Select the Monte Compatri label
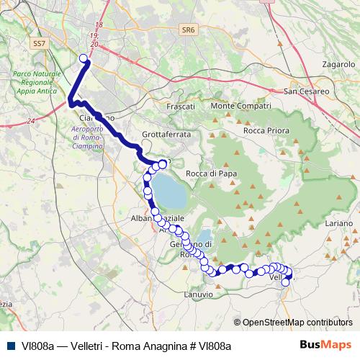pyautogui.click(x=240, y=107)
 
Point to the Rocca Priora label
pyautogui.click(x=267, y=131)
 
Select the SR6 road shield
pyautogui.click(x=189, y=30)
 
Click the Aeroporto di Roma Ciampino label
pyautogui.click(x=88, y=137)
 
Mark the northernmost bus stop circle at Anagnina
pyautogui.click(x=83, y=58)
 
